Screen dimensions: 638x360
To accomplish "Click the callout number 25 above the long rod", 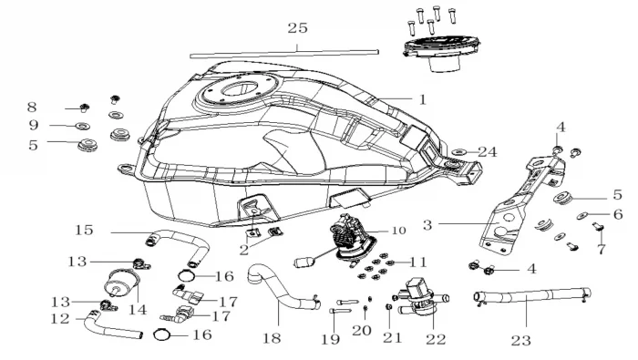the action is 297,28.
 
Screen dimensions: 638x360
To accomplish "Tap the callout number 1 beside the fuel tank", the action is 423,99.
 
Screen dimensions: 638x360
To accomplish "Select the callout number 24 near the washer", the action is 488,152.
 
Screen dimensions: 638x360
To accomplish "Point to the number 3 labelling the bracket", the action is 427,225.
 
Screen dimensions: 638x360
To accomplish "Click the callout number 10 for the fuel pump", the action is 399,231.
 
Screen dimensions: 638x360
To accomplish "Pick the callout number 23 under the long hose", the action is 521,341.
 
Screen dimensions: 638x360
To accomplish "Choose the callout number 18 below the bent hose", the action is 272,338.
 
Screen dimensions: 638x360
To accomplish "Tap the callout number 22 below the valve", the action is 436,339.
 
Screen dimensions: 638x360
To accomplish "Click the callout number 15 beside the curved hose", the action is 84,230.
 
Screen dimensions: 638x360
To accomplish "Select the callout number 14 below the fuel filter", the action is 138,310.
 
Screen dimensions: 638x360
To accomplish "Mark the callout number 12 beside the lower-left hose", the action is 60,318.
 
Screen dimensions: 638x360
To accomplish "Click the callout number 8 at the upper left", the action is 32,108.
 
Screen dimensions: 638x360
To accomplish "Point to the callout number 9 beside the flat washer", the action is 34,125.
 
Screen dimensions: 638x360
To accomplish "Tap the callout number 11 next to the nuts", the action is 417,262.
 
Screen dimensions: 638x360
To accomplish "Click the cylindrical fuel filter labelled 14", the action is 121,283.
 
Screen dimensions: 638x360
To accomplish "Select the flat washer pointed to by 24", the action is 459,152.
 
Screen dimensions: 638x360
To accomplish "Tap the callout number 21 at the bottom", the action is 392,337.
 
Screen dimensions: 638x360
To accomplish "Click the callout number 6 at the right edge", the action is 618,214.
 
